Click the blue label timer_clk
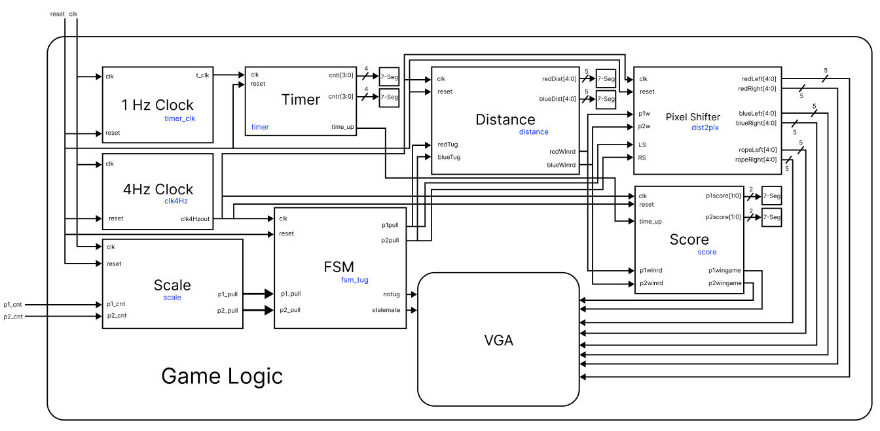pyautogui.click(x=179, y=118)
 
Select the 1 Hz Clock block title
pyautogui.click(x=157, y=105)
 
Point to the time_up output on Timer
pyautogui.click(x=344, y=127)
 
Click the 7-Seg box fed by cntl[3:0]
pyautogui.click(x=390, y=77)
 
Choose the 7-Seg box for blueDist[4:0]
pyautogui.click(x=606, y=99)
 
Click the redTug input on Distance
pyautogui.click(x=449, y=144)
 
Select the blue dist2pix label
pyautogui.click(x=705, y=128)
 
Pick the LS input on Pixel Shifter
pyautogui.click(x=642, y=144)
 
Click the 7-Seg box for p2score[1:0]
pyautogui.click(x=772, y=216)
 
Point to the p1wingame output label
pyautogui.click(x=724, y=270)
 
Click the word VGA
pyautogui.click(x=498, y=340)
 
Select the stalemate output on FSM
pyautogui.click(x=386, y=309)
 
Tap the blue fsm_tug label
pyautogui.click(x=354, y=279)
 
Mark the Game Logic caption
pyautogui.click(x=222, y=376)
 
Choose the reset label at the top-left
pyautogui.click(x=58, y=14)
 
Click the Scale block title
pyautogui.click(x=172, y=285)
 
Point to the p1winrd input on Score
pyautogui.click(x=651, y=270)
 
